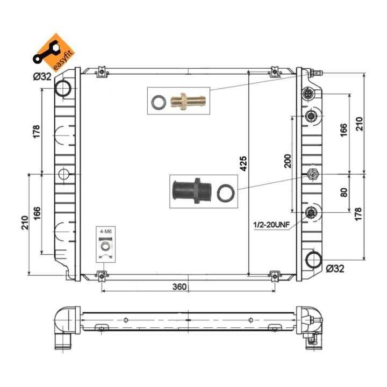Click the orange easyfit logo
pos(54,53)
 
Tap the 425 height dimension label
pos(243,163)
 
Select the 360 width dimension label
pos(180,286)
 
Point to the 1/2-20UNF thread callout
pos(271,225)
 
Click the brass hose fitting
pos(188,101)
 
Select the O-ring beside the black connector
pos(226,192)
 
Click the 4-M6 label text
pos(106,232)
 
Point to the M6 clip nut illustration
pos(106,248)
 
